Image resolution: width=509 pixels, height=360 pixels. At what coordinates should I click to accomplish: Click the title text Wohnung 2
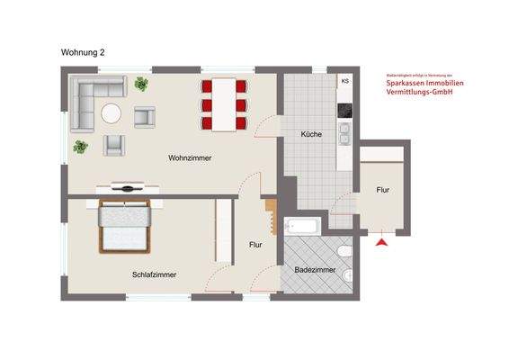coord(83,53)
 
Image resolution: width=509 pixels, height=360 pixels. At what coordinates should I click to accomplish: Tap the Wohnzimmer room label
coord(190,158)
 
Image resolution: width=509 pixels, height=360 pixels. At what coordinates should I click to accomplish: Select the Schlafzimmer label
coord(154,274)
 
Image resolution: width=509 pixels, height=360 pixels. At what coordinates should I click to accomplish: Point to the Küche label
coord(311,134)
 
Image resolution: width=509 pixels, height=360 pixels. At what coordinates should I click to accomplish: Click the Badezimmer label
coord(315,269)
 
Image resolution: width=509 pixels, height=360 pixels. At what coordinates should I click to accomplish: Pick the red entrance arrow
coord(383,240)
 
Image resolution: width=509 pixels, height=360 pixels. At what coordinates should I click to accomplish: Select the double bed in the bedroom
coord(123,227)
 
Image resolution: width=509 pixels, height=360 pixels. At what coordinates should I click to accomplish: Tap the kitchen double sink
coord(344,134)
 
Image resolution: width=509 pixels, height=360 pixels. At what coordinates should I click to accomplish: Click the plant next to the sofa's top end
coord(141,85)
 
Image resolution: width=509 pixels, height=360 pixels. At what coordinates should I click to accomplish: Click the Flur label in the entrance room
coord(383,190)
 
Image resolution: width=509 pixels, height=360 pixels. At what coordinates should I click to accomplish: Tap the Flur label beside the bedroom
coord(255,244)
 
